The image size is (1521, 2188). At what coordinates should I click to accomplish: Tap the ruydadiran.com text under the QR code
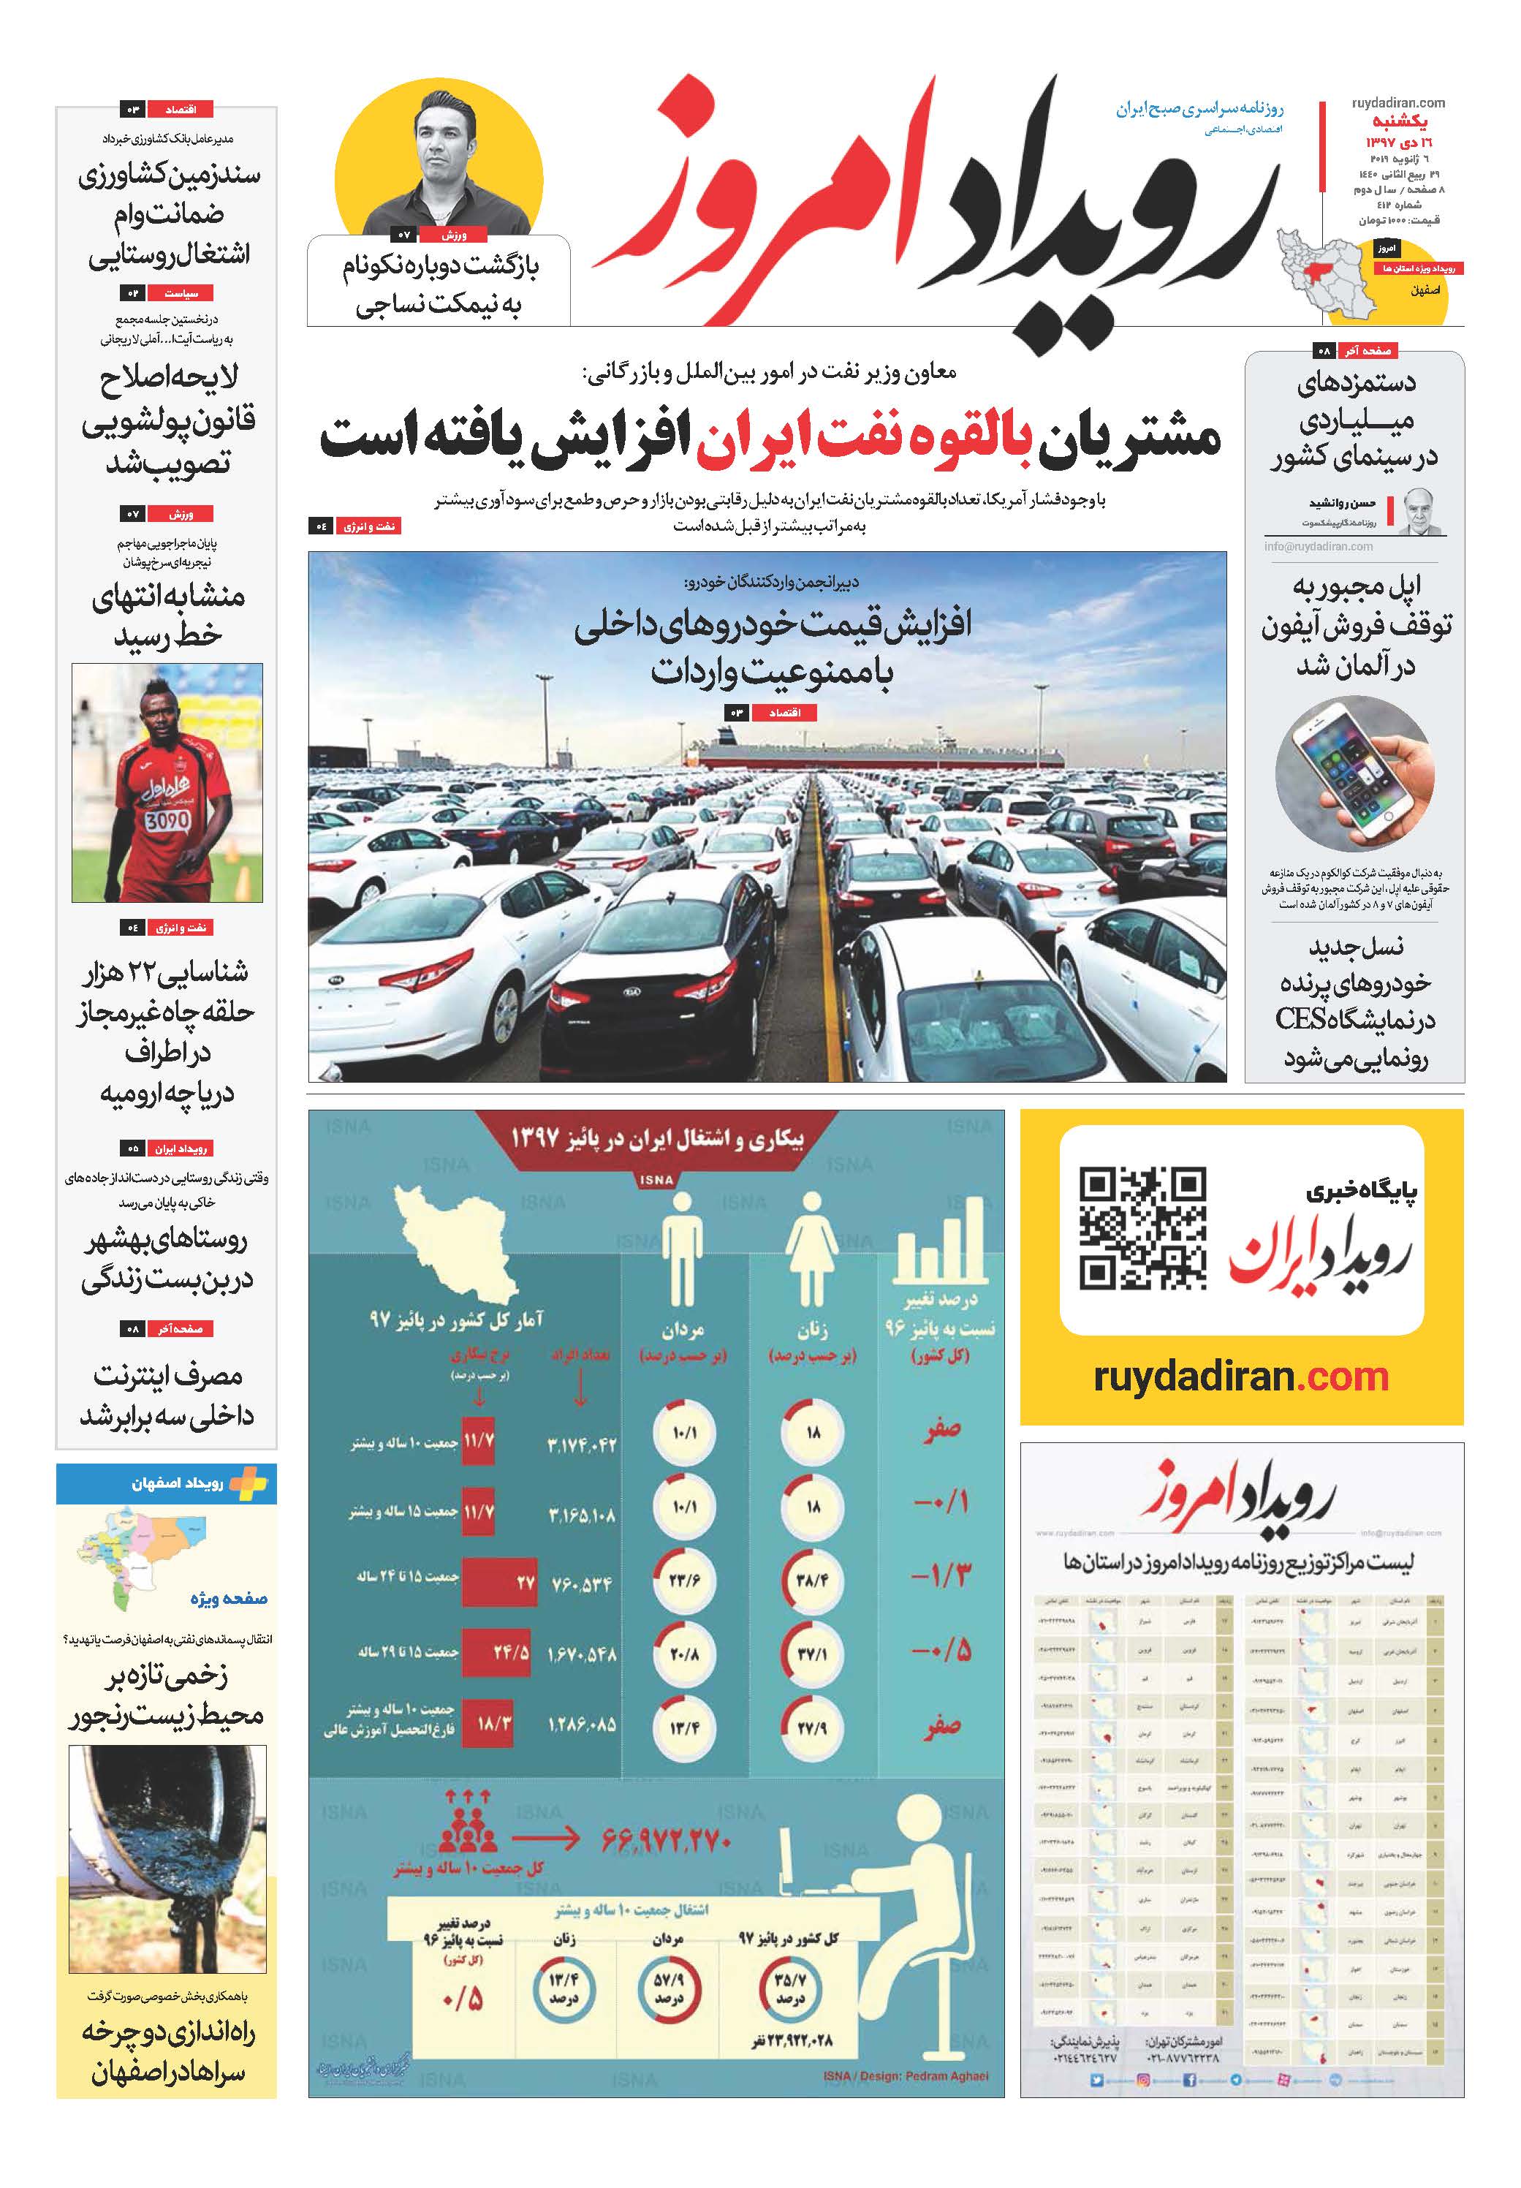click(1241, 1376)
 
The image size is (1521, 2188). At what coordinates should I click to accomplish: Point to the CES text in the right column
click(1302, 1019)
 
